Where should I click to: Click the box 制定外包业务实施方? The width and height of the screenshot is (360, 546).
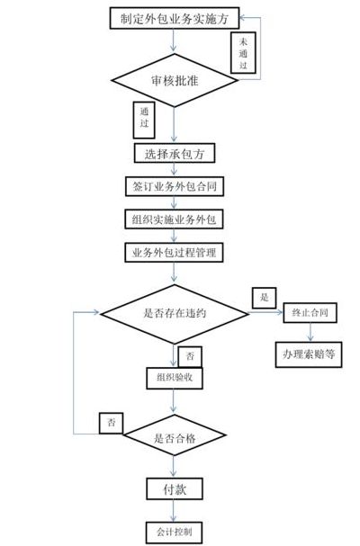pyautogui.click(x=175, y=19)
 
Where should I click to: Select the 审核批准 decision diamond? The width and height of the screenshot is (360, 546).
pyautogui.click(x=175, y=80)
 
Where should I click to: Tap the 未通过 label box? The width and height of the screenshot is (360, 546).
pyautogui.click(x=243, y=53)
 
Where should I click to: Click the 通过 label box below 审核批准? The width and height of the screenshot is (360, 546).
pyautogui.click(x=144, y=120)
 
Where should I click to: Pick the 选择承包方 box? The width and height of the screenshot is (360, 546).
pyautogui.click(x=175, y=153)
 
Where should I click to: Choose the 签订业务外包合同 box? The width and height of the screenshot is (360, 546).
pyautogui.click(x=175, y=186)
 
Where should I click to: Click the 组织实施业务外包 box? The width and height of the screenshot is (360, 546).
pyautogui.click(x=174, y=219)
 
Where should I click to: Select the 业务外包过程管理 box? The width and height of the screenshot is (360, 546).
pyautogui.click(x=174, y=253)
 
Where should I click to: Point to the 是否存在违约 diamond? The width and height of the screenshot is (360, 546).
pyautogui.click(x=175, y=314)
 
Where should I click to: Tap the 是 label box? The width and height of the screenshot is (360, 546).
pyautogui.click(x=265, y=298)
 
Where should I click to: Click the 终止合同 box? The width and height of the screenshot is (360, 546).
pyautogui.click(x=310, y=313)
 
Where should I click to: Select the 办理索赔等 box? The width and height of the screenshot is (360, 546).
pyautogui.click(x=309, y=354)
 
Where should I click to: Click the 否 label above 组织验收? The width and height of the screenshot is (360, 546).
pyautogui.click(x=190, y=356)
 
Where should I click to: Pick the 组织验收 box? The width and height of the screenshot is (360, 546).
pyautogui.click(x=175, y=378)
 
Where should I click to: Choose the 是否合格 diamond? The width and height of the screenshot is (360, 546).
pyautogui.click(x=175, y=435)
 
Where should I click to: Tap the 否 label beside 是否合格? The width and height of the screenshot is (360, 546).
pyautogui.click(x=112, y=423)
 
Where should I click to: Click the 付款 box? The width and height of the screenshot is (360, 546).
pyautogui.click(x=175, y=489)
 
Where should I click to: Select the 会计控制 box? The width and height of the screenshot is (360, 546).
pyautogui.click(x=174, y=533)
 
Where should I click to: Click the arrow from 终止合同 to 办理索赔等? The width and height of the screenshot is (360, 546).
pyautogui.click(x=310, y=332)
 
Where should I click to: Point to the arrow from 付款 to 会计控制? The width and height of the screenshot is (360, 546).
pyautogui.click(x=174, y=511)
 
